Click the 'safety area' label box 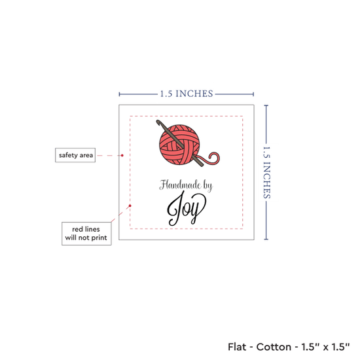pos(75,155)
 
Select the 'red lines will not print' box pos(86,234)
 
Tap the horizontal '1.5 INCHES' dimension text pos(187,94)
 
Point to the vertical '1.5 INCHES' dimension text pos(266,172)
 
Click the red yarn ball pos(179,145)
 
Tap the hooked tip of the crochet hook pos(158,122)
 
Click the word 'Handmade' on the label pos(181,185)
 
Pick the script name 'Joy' pos(187,208)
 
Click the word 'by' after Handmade pos(207,186)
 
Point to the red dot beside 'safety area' pos(122,155)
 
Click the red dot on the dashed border pos(130,206)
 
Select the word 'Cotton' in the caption pos(274,347)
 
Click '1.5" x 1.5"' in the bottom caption pos(325,347)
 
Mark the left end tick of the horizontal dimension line pos(119,94)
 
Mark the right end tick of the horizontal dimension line pos(253,94)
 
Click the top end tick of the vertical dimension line pos(266,105)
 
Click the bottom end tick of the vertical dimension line pos(266,240)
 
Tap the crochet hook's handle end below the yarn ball pos(202,165)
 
